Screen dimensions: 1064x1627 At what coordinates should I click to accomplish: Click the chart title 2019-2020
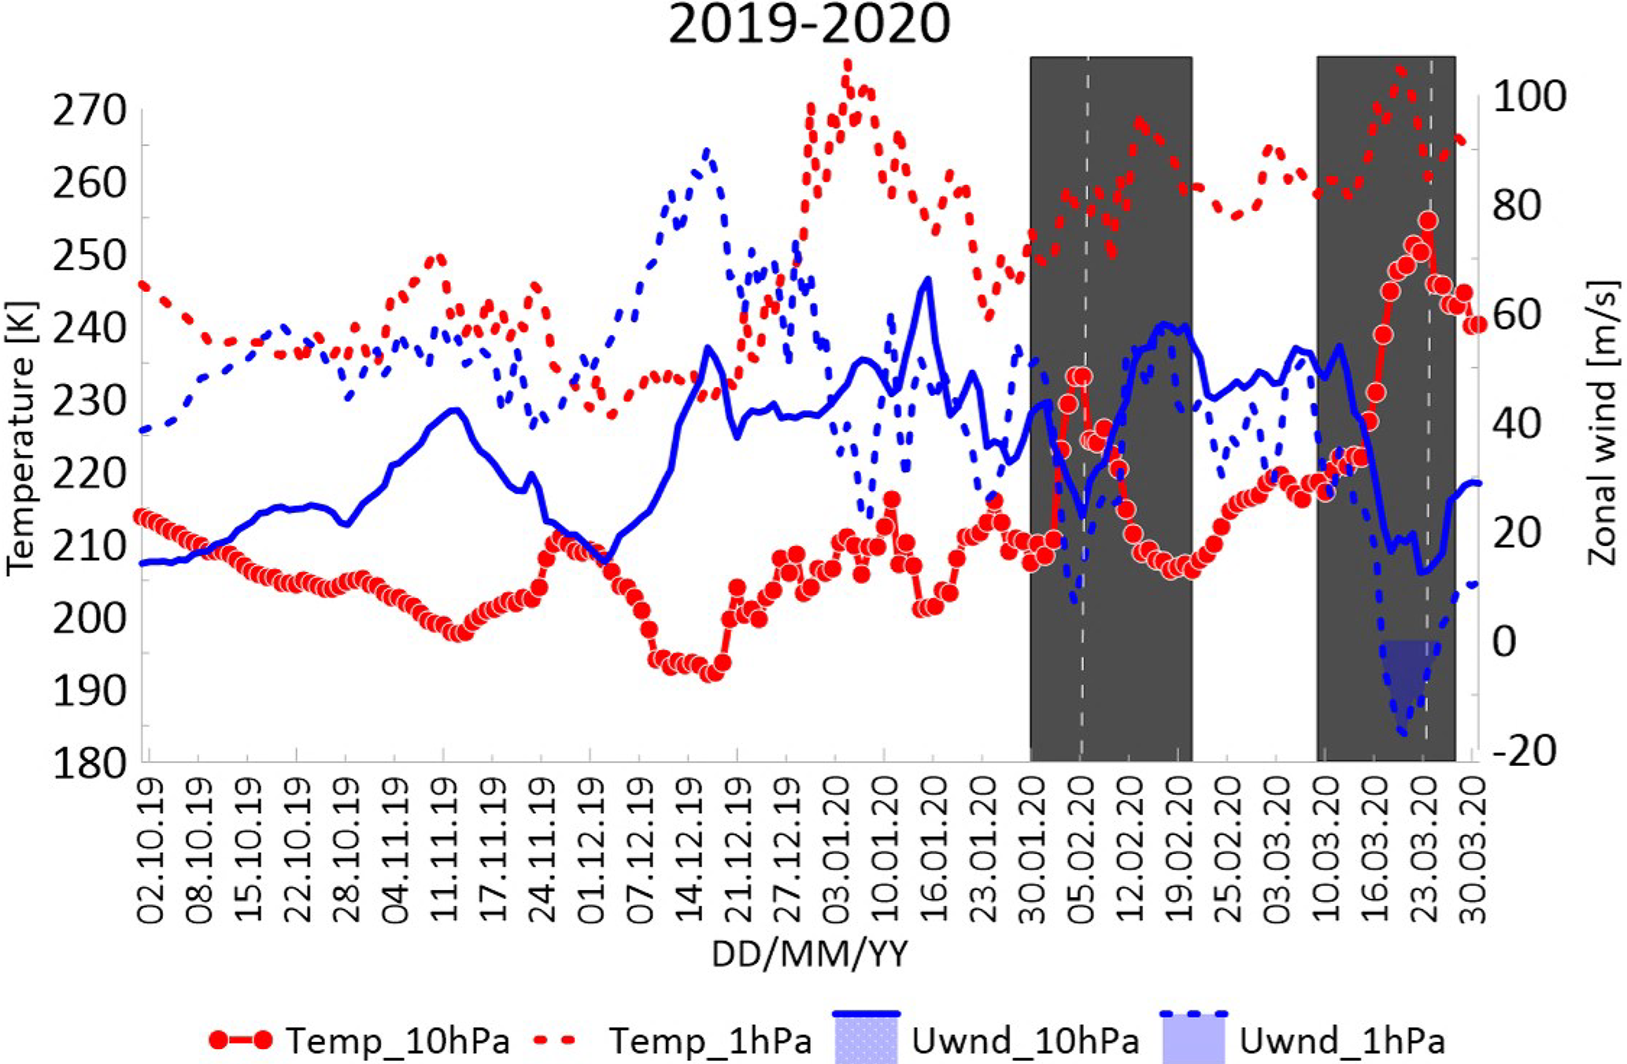click(x=809, y=25)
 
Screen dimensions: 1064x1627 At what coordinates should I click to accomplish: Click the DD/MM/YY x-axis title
click(x=809, y=955)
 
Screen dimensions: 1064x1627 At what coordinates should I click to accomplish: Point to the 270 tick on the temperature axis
click(x=89, y=111)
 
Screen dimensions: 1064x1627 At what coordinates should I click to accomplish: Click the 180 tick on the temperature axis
click(x=89, y=763)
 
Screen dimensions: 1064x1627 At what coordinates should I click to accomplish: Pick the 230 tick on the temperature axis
click(x=89, y=401)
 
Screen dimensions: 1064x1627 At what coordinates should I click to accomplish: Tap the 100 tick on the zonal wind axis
click(x=1529, y=97)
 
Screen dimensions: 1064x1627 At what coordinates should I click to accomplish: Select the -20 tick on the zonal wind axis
click(x=1524, y=751)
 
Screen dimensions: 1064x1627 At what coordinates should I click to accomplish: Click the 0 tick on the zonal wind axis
click(x=1503, y=642)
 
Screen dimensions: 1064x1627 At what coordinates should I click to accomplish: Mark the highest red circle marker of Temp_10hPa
click(x=1429, y=221)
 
